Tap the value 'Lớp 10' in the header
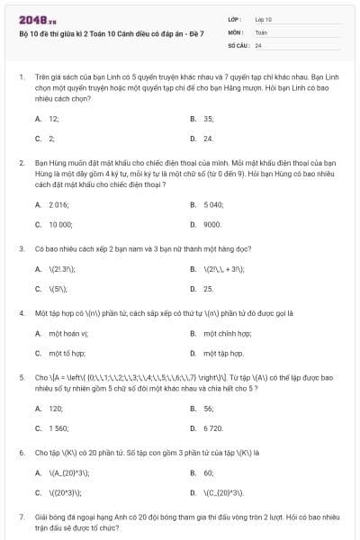coord(264,18)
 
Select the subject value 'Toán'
coord(261,31)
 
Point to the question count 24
coord(258,45)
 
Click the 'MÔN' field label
coord(235,31)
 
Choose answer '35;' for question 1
coord(208,118)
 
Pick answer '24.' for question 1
coord(208,139)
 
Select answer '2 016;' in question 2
coord(59,204)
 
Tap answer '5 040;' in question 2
coord(213,204)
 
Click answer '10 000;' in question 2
coord(60,224)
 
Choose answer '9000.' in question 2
coord(212,224)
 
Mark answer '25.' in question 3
coord(208,289)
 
